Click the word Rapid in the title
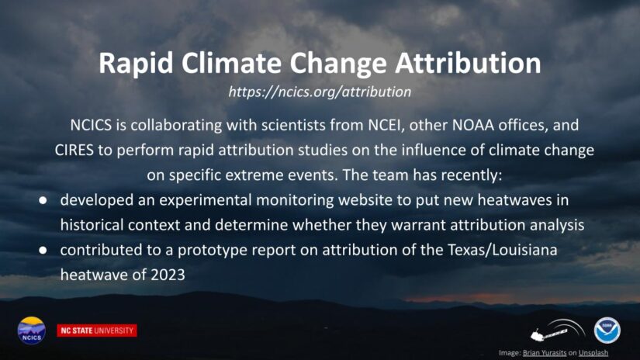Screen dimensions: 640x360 137,64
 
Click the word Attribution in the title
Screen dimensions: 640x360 468,63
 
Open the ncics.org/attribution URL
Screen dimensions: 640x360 320,92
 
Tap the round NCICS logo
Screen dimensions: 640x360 32,331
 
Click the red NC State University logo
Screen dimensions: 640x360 97,331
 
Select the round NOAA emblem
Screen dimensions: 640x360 607,331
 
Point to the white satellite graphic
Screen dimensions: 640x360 558,330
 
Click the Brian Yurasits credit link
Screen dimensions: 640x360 545,353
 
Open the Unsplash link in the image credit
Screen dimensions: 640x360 593,353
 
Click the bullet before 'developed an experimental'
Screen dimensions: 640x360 43,200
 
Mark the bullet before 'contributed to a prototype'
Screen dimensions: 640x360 43,250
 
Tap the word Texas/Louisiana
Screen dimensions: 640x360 503,250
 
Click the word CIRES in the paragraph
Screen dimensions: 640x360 74,151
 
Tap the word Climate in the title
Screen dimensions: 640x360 231,63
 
